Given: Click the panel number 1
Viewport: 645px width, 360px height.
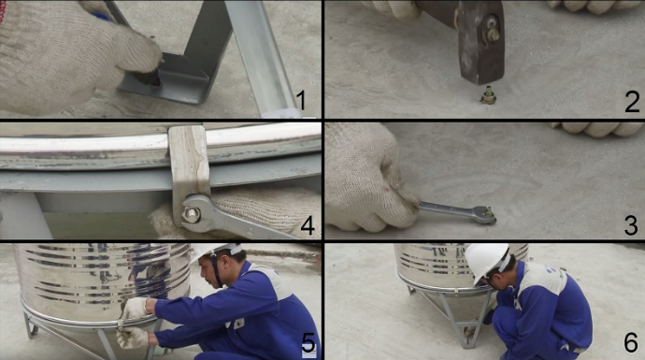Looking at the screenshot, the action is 302,100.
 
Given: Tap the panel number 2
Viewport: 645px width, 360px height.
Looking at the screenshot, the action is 632,102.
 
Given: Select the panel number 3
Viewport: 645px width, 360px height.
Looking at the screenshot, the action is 631,225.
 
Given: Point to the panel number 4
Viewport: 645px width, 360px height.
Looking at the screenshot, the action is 308,224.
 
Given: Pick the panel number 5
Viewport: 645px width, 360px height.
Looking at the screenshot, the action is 308,343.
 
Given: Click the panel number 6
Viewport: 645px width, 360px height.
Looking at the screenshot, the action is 631,342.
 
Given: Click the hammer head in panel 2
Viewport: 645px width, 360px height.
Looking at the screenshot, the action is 480,41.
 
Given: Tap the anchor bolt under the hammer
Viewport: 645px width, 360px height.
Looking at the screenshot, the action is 488,95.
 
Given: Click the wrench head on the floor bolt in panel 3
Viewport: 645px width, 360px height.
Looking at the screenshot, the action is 484,215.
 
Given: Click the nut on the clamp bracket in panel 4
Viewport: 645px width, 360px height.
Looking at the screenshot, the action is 191,214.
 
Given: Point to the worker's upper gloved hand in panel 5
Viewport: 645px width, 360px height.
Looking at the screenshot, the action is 135,309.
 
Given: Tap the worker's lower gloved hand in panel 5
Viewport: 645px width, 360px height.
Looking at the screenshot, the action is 132,338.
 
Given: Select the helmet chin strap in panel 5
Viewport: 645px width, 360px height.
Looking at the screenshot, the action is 217,270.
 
